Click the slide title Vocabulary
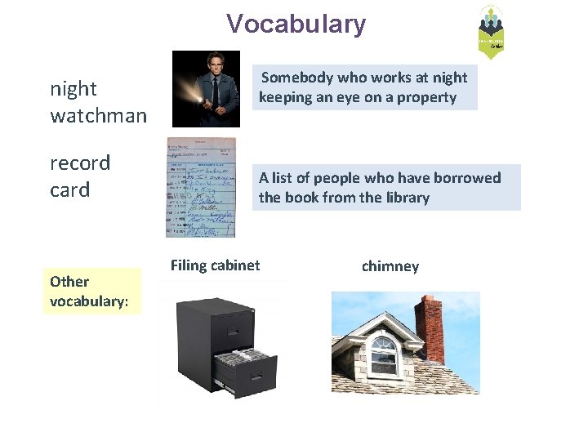tap(296, 24)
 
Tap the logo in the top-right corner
tap(491, 33)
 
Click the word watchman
tap(98, 116)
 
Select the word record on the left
tap(80, 163)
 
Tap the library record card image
tap(201, 187)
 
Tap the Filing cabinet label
tap(215, 265)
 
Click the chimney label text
tap(390, 266)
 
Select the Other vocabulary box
tap(91, 292)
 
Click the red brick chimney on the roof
tap(429, 327)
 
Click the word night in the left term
tap(73, 88)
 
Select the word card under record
tap(70, 189)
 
